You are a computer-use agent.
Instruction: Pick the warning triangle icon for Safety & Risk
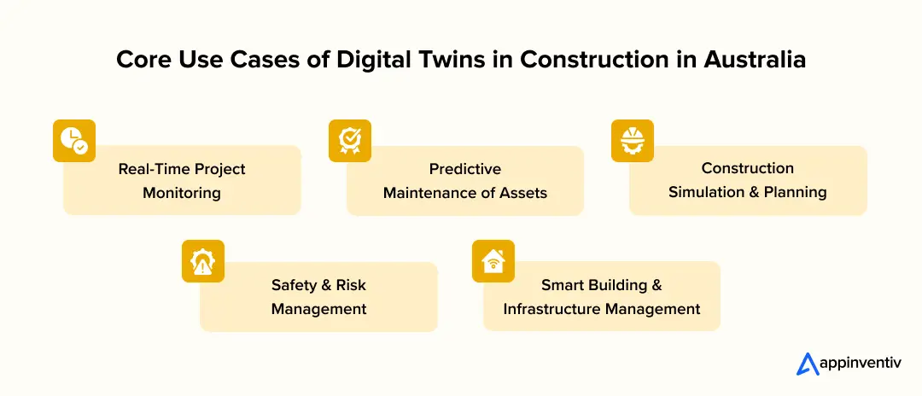click(x=203, y=261)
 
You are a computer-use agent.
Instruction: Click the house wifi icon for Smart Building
click(x=493, y=261)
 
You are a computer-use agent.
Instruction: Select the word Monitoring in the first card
click(x=182, y=192)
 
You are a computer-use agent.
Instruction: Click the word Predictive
click(x=465, y=168)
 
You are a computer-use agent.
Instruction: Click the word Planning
click(x=797, y=192)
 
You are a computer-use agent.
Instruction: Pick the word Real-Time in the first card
click(x=155, y=168)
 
